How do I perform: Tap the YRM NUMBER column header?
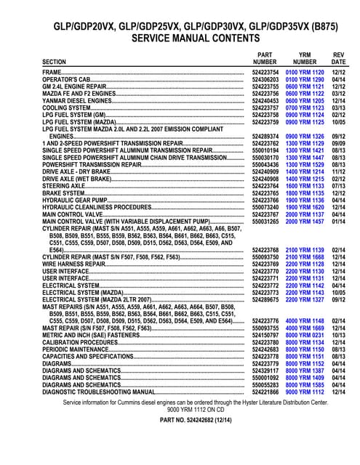(x=305, y=58)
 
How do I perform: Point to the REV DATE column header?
(x=339, y=58)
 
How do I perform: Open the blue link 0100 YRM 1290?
(x=305, y=80)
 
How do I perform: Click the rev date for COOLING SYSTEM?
(x=339, y=108)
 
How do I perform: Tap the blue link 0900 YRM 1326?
(x=305, y=136)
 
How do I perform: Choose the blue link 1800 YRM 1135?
(x=305, y=193)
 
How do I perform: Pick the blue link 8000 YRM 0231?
(x=305, y=335)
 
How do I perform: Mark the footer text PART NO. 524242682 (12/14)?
(x=179, y=419)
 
